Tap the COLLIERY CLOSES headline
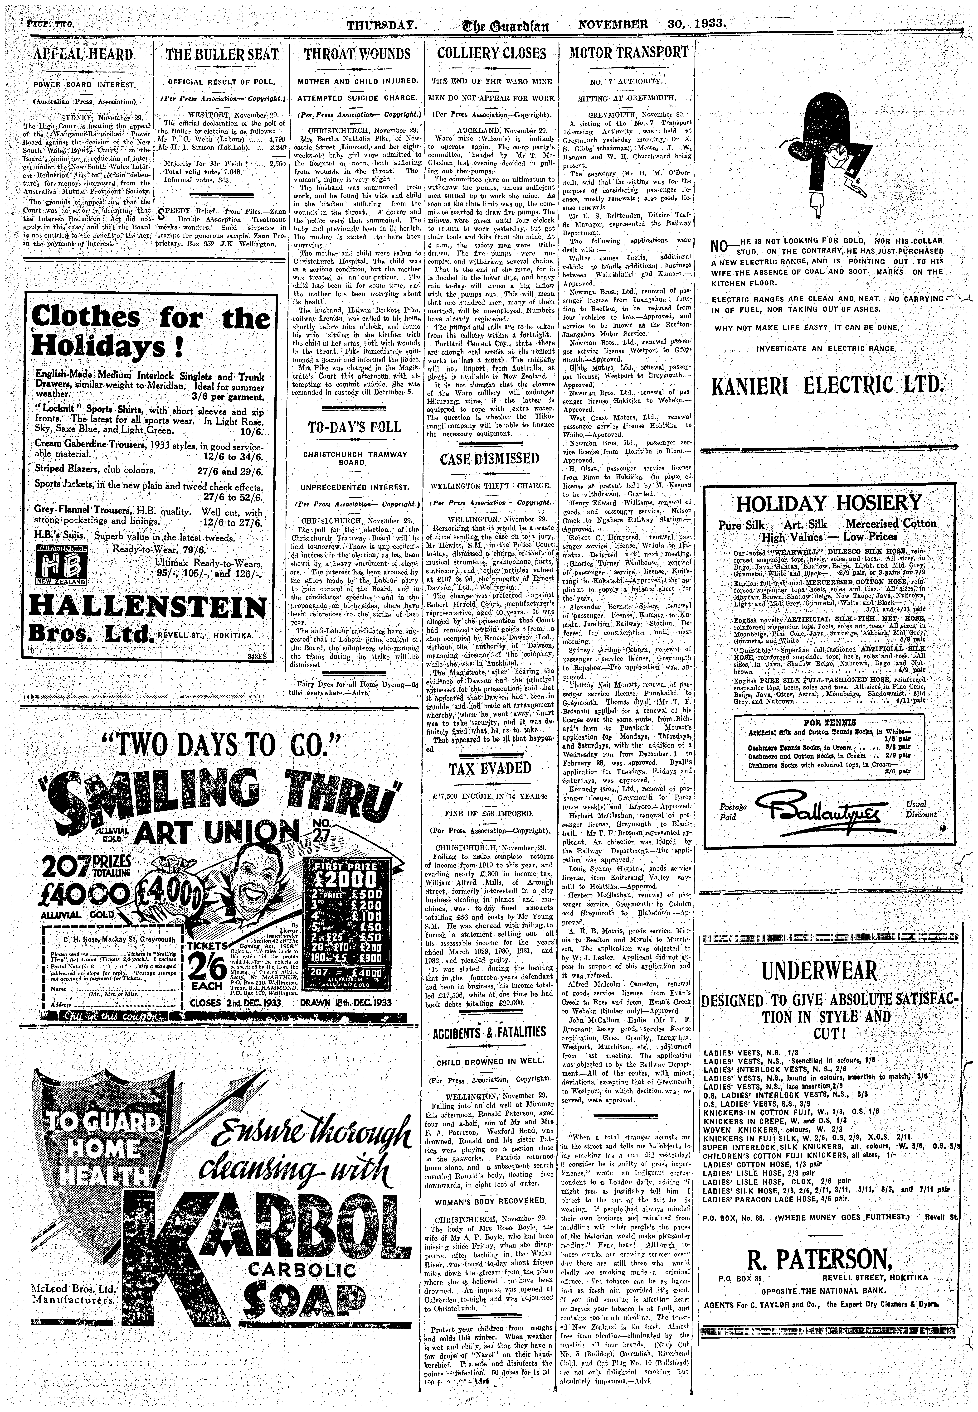point(491,53)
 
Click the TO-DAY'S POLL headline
point(357,427)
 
